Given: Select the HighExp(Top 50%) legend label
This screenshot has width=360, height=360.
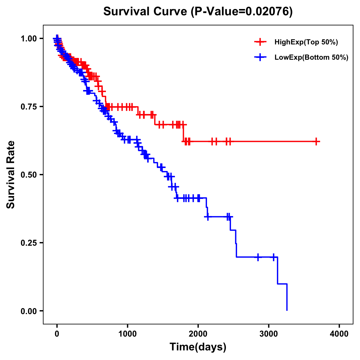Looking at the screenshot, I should click(306, 42).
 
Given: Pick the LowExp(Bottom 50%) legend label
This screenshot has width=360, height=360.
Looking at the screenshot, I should click(311, 58).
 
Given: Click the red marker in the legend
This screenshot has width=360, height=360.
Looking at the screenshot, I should click(260, 42).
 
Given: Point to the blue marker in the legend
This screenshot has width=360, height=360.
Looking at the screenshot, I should click(260, 57).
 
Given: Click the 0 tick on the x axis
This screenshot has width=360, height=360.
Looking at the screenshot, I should click(57, 334).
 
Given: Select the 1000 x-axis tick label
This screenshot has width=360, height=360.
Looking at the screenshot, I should click(127, 334).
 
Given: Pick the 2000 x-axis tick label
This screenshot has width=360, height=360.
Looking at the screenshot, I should click(198, 334).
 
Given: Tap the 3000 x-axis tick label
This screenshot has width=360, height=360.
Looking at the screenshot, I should click(269, 334).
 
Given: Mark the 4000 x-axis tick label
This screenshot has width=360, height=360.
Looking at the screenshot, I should click(339, 334).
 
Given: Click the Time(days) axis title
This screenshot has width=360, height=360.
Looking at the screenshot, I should click(198, 347).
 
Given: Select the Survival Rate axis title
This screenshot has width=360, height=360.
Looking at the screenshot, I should click(11, 175).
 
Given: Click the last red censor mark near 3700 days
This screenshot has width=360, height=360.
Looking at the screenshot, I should click(316, 141).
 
